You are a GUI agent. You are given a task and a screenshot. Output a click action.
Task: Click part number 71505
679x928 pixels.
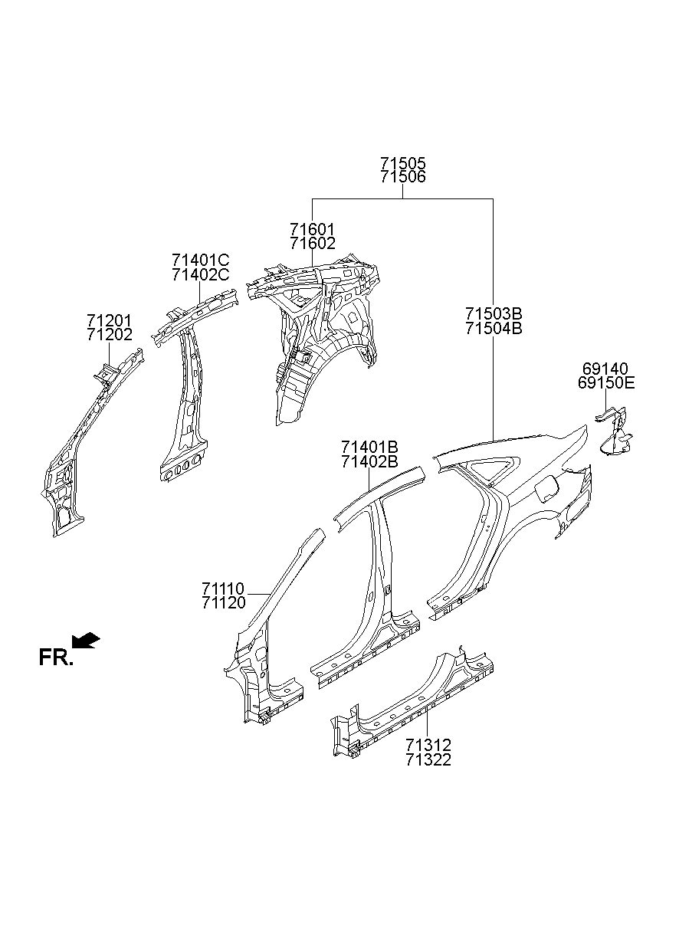click(x=402, y=163)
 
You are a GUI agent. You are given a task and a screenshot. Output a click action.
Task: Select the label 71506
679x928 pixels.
click(x=402, y=177)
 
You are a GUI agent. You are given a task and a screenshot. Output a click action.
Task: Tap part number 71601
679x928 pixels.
click(x=312, y=229)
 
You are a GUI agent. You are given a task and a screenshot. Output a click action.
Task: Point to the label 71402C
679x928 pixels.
click(x=200, y=275)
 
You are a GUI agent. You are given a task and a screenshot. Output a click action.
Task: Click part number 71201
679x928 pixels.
click(x=109, y=320)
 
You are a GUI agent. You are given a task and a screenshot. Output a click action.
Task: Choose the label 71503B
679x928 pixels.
click(x=493, y=313)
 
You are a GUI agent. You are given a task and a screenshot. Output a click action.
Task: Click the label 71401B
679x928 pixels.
click(x=369, y=447)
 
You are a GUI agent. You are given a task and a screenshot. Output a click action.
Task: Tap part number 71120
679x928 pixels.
click(x=224, y=603)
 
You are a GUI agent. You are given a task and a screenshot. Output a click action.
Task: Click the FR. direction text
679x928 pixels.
click(x=56, y=657)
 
